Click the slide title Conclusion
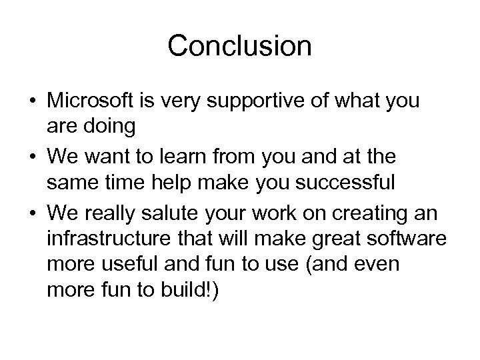click(x=239, y=46)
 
